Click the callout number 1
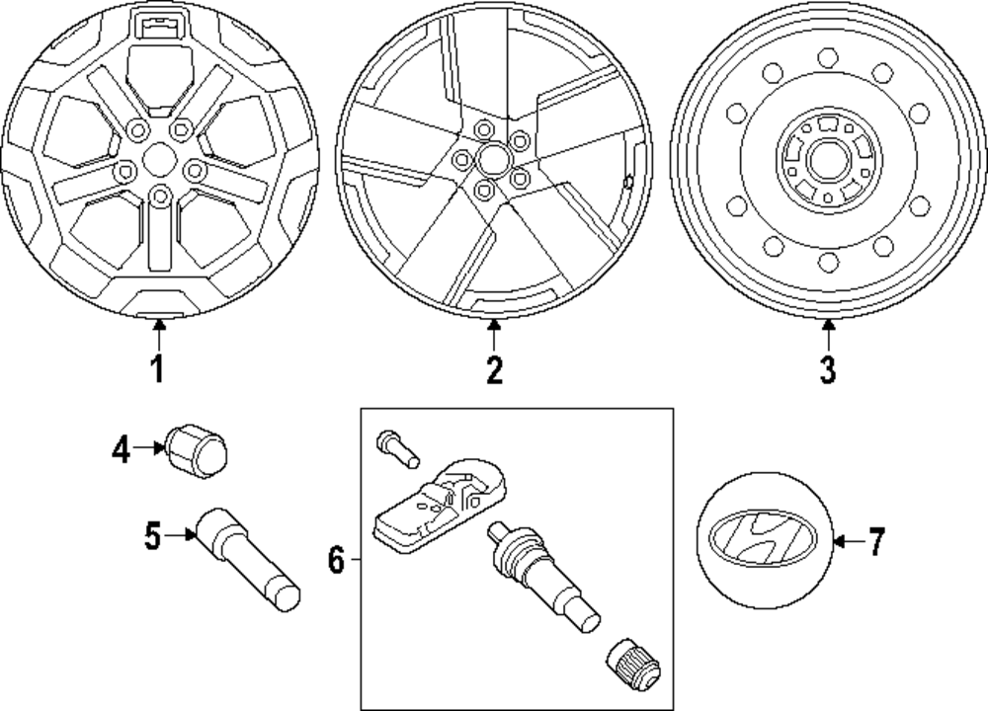(x=157, y=370)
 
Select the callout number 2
(x=494, y=370)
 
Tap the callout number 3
(x=828, y=370)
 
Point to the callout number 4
(x=121, y=451)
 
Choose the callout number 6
(x=336, y=562)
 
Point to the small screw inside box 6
(x=393, y=446)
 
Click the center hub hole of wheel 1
(x=157, y=159)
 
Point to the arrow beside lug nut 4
(x=149, y=449)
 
